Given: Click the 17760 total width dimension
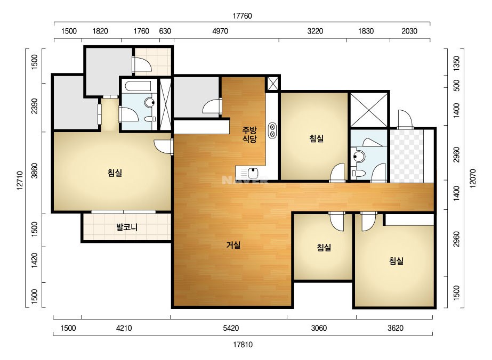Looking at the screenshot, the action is point(242,16).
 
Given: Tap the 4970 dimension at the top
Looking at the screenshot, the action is point(220,31).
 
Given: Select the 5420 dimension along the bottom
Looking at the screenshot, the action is point(231,328).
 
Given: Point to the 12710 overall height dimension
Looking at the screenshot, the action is point(20,181).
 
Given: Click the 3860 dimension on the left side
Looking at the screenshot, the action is point(35,171).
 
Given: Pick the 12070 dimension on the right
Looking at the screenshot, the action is point(473,178).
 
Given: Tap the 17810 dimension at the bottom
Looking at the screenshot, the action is point(243,345).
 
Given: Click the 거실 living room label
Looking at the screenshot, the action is point(233,245).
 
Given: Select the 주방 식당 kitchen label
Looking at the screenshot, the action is point(249,134).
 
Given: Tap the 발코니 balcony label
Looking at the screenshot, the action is point(127,227).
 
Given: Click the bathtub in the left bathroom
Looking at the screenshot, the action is point(138,86).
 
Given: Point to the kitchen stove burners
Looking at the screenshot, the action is point(272,130).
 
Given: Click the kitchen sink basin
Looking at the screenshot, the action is point(253,173).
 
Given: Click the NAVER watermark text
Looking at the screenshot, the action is point(245,180).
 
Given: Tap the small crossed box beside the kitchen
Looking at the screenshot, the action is point(272,84).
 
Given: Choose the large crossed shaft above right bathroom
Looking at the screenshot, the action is point(369,110).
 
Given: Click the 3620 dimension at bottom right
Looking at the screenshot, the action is point(396,328).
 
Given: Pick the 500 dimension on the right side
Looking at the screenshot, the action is point(457,85).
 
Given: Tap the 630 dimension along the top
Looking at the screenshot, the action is point(165,31).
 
